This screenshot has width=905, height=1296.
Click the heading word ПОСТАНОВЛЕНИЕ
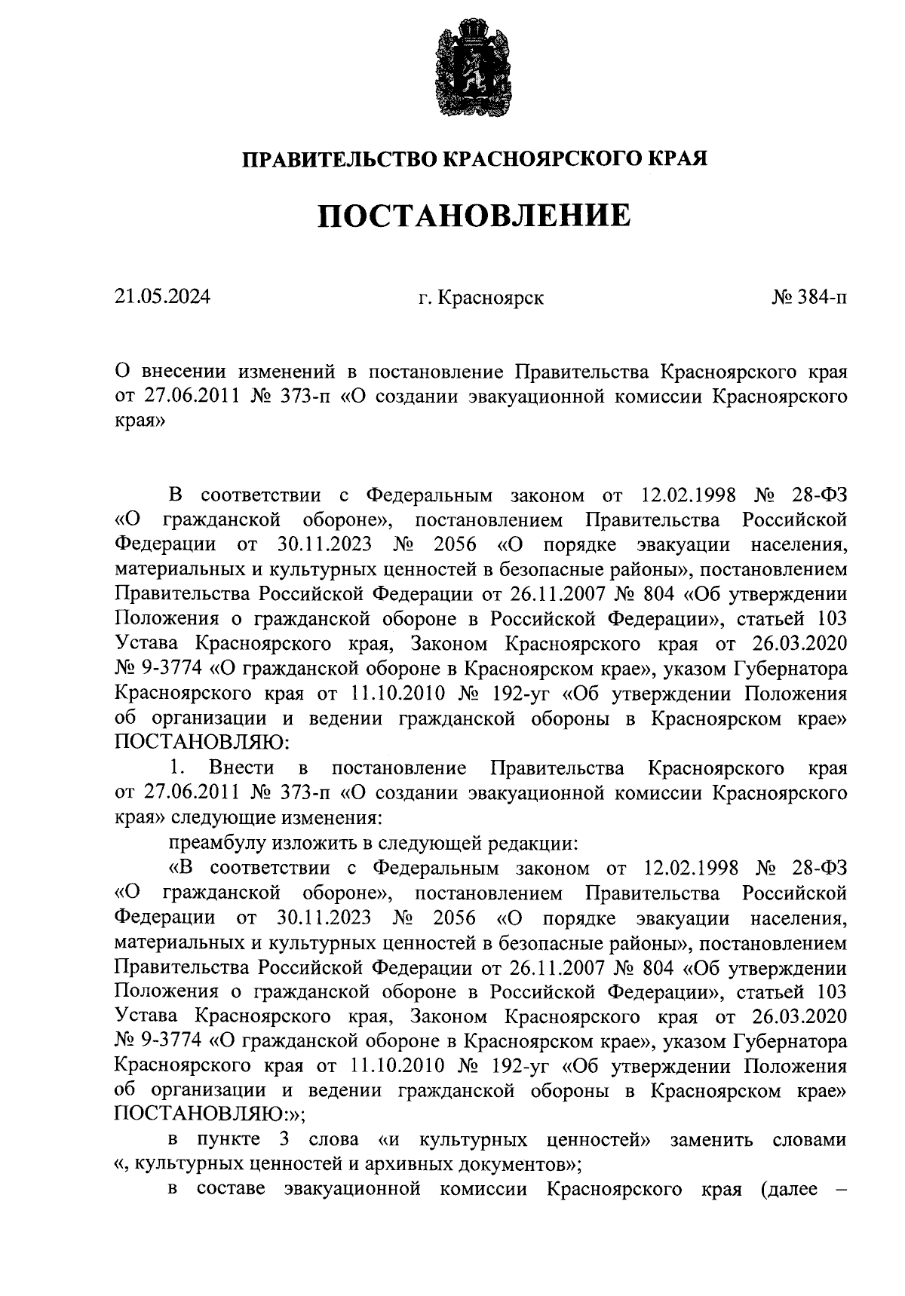coord(473,216)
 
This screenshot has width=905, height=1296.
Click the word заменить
coord(711,1141)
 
